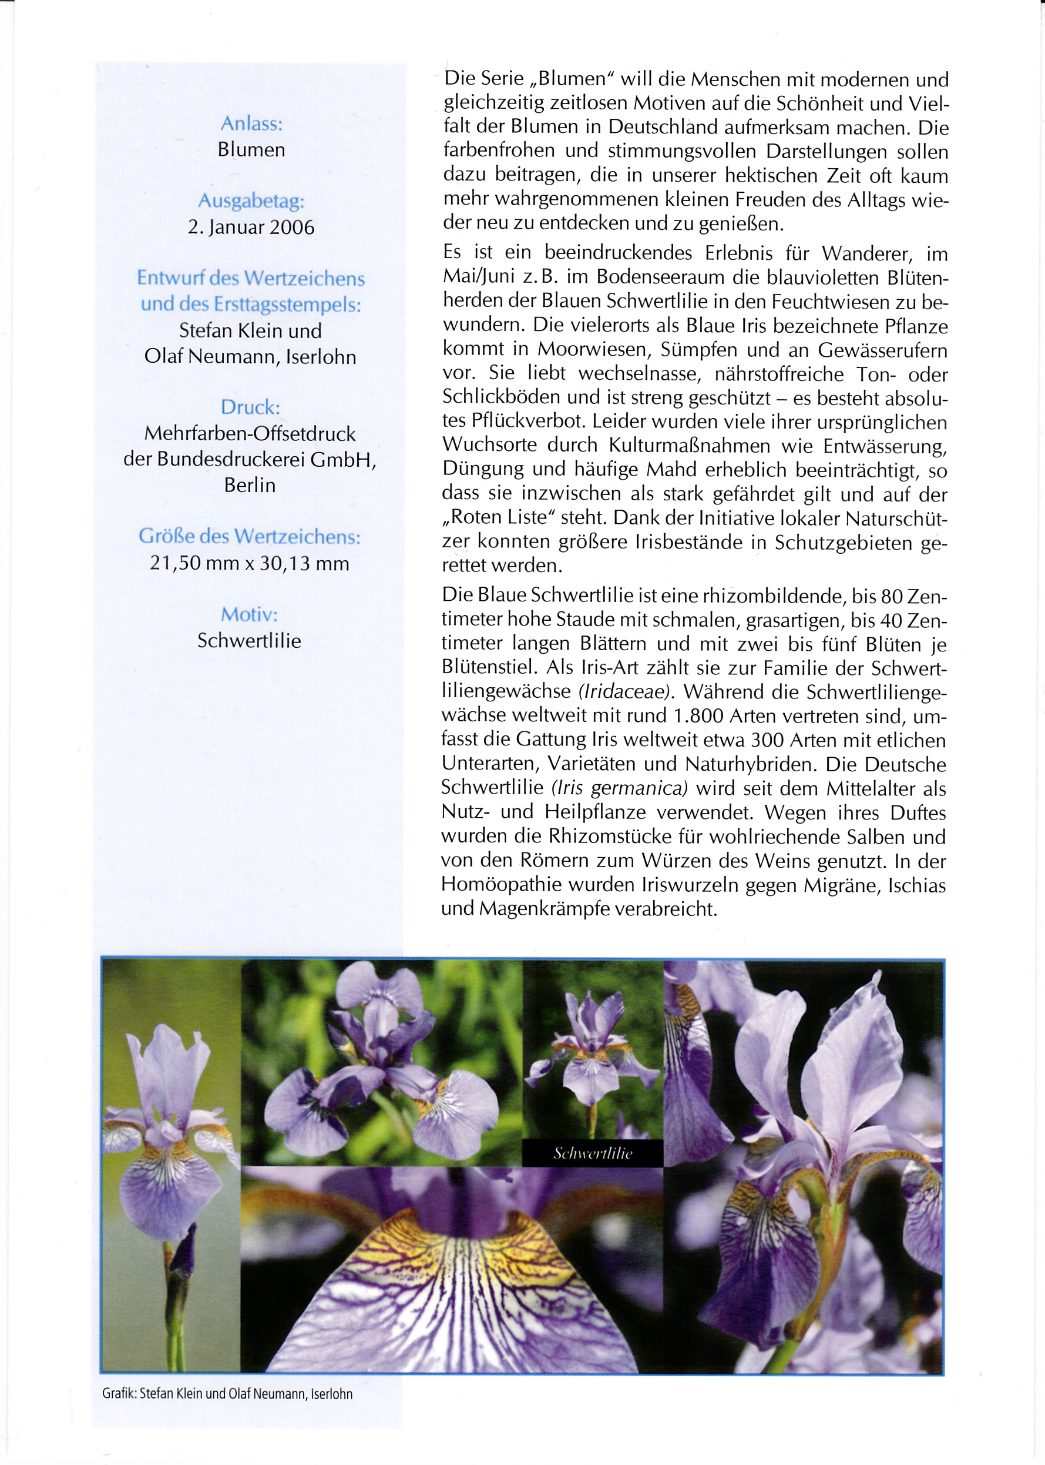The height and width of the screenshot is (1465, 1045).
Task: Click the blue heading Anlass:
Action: click(251, 123)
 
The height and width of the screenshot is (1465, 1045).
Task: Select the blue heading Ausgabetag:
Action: click(251, 201)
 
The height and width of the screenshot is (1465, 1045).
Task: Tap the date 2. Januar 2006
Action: click(251, 228)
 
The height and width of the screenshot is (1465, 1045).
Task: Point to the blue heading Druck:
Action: click(250, 407)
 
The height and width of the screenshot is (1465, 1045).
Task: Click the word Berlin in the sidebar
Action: click(250, 485)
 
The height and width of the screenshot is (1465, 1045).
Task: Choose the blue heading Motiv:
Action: click(250, 614)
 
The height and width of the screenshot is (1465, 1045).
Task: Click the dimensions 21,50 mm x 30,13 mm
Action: click(250, 563)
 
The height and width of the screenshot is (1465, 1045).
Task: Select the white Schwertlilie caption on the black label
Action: click(593, 1153)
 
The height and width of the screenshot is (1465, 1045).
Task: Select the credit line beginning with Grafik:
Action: click(227, 1394)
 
